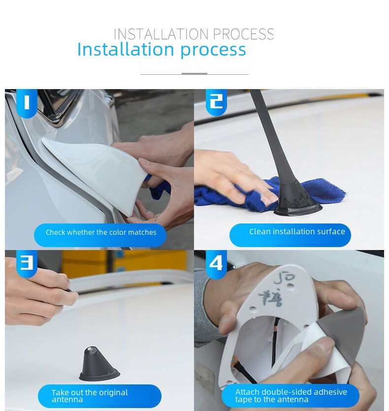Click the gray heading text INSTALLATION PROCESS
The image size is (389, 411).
pos(194,34)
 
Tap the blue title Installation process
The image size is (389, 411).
pos(162,50)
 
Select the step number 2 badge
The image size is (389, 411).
pos(216,101)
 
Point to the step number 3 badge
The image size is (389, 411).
pos(27,263)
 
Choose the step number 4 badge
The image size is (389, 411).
pos(216,264)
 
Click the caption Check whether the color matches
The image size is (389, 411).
pos(100,232)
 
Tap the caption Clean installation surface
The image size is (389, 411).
pos(296,232)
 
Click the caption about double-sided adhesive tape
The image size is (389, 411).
pos(291,396)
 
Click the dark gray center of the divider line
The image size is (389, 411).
pos(194,74)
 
